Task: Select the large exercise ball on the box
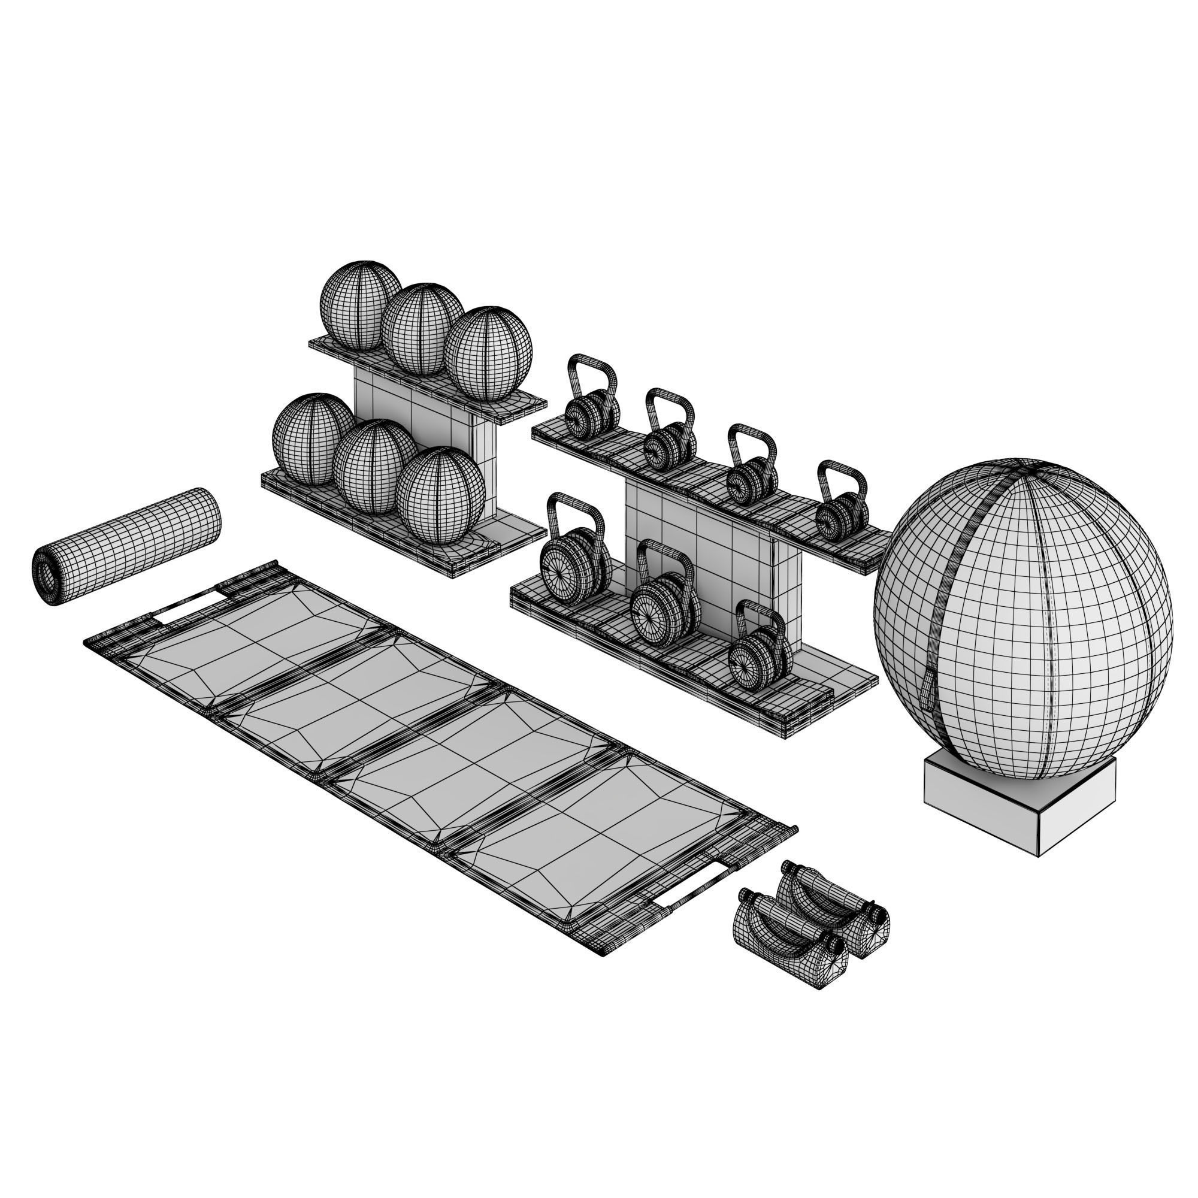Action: (1023, 620)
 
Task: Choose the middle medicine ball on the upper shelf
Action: (422, 329)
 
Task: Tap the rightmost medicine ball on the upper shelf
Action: (488, 353)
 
